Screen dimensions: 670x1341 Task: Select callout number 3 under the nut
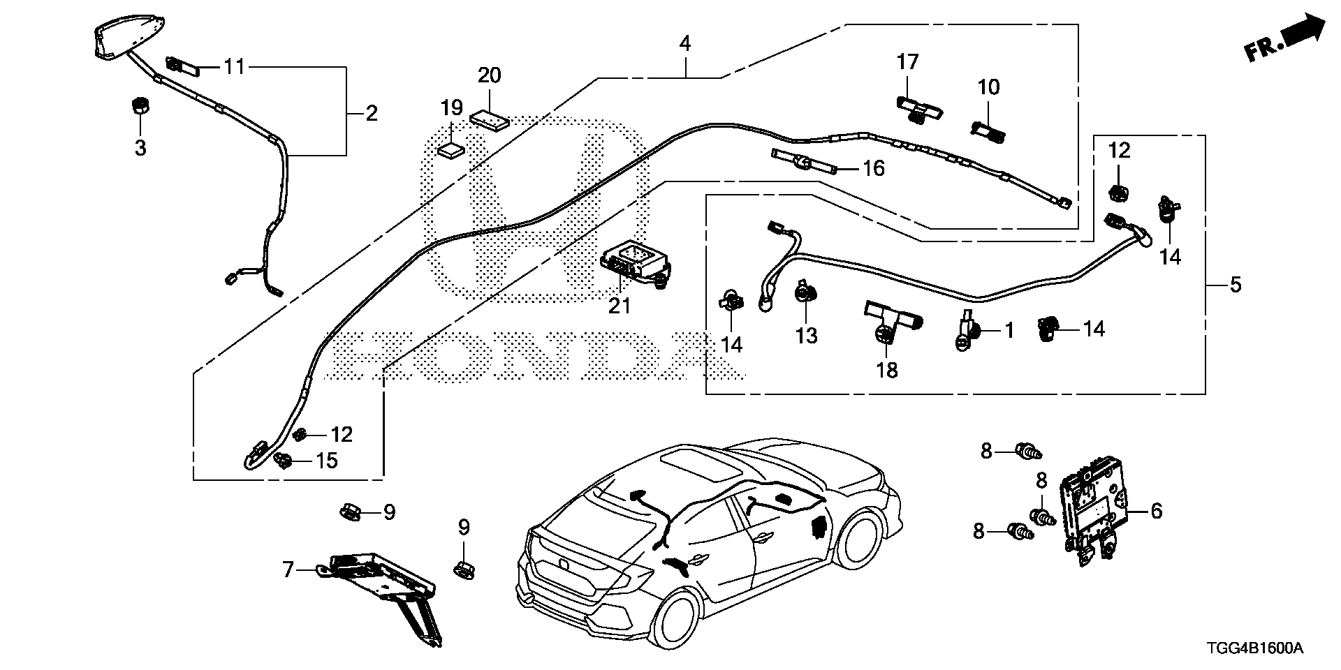tap(140, 148)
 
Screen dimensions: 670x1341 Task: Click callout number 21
tap(620, 306)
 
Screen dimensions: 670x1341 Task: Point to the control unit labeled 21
tap(632, 265)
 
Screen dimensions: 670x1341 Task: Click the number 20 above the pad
tap(489, 75)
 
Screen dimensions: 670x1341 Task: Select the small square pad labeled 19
tap(450, 149)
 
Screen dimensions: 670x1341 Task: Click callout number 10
tap(989, 87)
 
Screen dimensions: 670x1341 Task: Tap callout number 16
tap(873, 168)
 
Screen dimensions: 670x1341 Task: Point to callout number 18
tap(887, 370)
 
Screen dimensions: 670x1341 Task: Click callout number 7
tap(288, 570)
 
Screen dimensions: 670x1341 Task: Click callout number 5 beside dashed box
tap(1235, 285)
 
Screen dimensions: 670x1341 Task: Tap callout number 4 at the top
tap(684, 44)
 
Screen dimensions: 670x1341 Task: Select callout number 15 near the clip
tap(326, 461)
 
